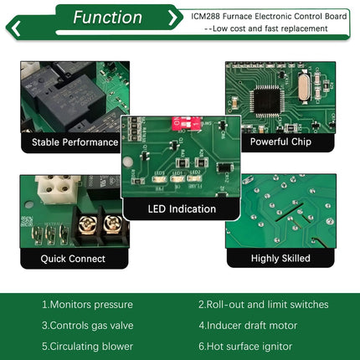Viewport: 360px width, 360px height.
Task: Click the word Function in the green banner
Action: click(x=106, y=18)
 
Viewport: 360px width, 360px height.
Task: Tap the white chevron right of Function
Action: click(x=172, y=18)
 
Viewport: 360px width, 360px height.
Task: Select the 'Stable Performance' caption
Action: click(x=75, y=142)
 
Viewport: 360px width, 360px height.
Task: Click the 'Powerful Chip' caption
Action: click(x=280, y=142)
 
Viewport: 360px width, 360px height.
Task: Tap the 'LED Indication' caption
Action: click(x=182, y=208)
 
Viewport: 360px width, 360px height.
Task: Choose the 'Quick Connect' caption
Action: click(x=75, y=259)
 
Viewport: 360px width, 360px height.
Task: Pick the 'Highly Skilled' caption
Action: click(x=280, y=259)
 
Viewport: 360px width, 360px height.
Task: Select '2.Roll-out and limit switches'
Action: click(x=263, y=305)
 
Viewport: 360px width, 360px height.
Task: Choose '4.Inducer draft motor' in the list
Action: click(x=247, y=326)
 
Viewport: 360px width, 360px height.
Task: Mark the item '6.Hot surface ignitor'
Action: click(x=244, y=346)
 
